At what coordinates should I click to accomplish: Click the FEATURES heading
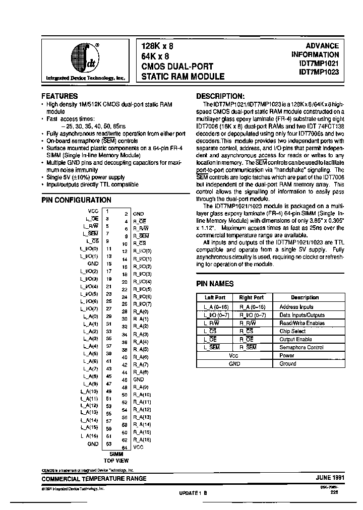[59, 96]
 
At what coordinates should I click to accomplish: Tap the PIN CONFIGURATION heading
[74, 200]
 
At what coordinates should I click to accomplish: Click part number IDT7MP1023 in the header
[319, 72]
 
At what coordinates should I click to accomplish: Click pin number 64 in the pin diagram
[124, 448]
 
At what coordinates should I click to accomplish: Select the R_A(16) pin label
[142, 440]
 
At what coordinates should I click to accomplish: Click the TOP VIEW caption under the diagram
[116, 460]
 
